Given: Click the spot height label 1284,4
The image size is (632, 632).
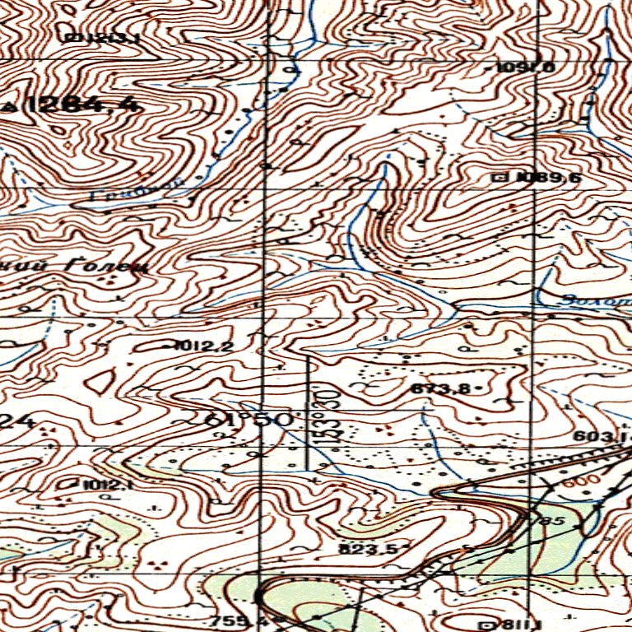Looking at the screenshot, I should pos(82,105).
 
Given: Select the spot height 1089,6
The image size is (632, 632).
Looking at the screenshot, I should pos(537,177).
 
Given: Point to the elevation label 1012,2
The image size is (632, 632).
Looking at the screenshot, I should pos(203,346).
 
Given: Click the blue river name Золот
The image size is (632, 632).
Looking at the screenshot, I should pos(590,300).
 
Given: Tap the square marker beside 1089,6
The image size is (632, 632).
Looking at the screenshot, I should pos(498,177).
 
